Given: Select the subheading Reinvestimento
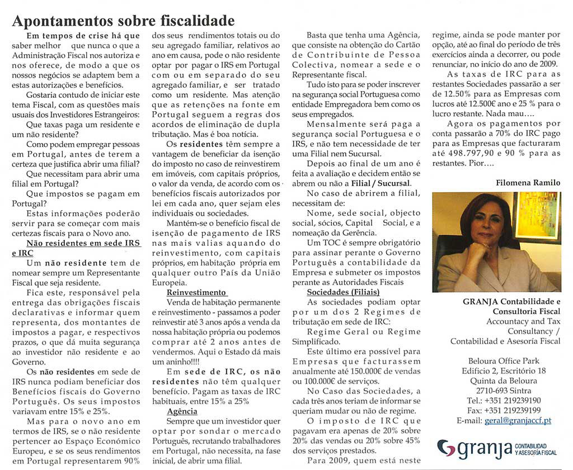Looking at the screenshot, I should tap(196, 292).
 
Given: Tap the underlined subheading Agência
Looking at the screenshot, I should tap(182, 411).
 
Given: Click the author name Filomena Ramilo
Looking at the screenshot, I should tap(528, 183).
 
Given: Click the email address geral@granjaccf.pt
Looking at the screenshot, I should tap(520, 420).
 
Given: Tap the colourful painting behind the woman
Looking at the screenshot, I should tap(538, 215).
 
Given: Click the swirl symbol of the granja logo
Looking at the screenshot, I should tap(446, 447).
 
